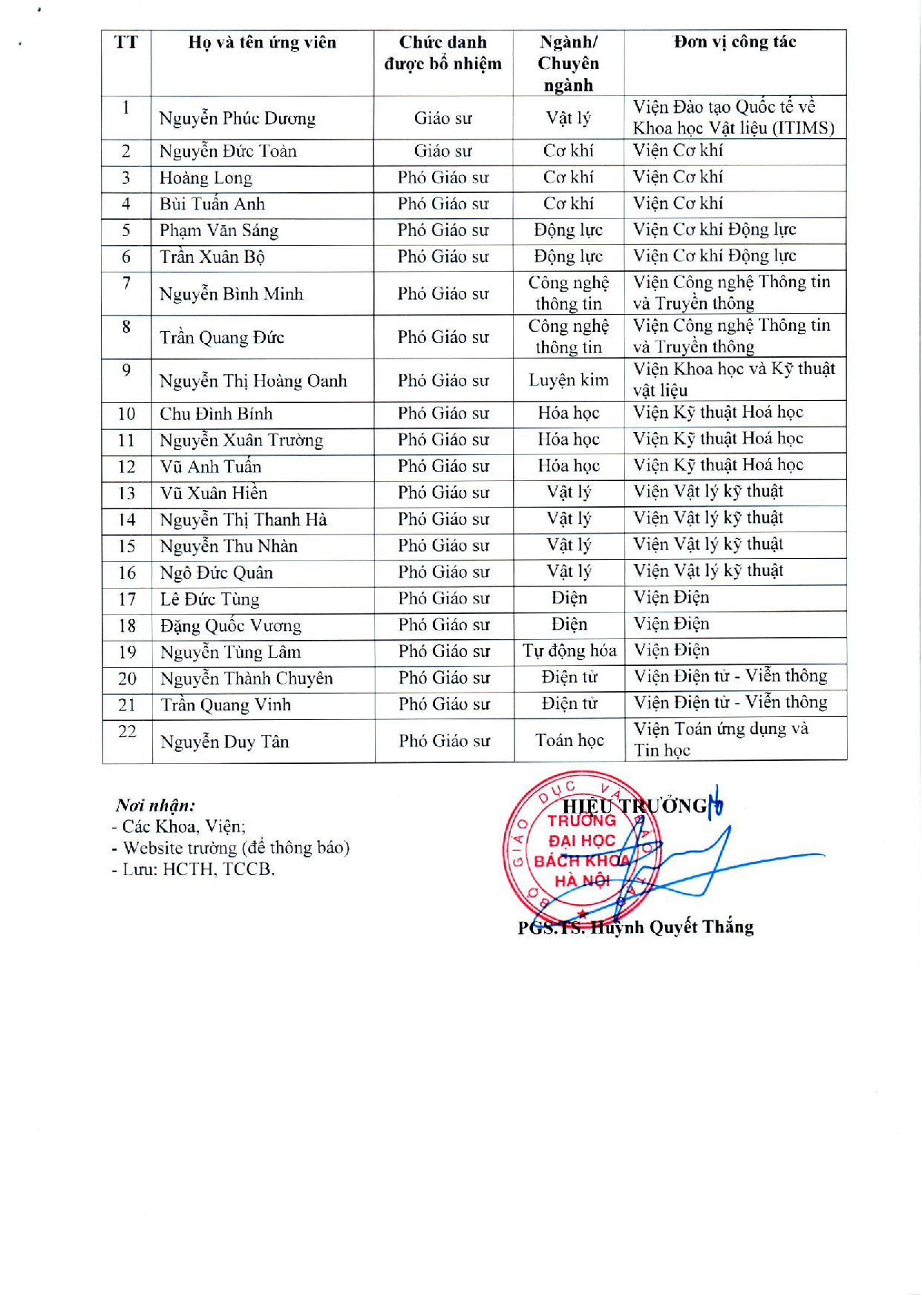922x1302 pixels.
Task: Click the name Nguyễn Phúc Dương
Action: (x=238, y=118)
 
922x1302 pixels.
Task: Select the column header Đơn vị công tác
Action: (x=734, y=42)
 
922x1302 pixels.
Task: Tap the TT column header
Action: (x=126, y=42)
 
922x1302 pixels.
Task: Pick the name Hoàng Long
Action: (x=206, y=178)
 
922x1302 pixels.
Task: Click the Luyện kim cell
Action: (x=569, y=380)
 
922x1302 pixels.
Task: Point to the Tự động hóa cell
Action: (x=569, y=651)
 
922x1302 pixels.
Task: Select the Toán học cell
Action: (x=569, y=740)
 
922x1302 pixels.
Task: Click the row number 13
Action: (x=127, y=494)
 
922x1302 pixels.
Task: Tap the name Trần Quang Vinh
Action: (x=226, y=705)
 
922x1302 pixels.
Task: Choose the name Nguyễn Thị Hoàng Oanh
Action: (x=253, y=381)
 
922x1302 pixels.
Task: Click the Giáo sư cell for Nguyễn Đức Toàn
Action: (x=443, y=151)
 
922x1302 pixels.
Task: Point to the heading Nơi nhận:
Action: (x=156, y=805)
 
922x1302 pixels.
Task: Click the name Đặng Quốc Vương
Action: (x=231, y=626)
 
